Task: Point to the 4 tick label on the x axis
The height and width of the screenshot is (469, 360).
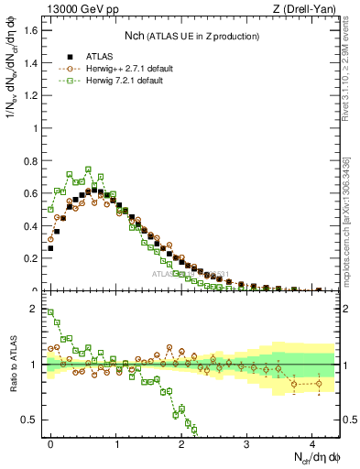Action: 312,443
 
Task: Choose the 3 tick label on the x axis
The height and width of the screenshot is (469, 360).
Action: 247,443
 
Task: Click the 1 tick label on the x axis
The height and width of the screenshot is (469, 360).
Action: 116,443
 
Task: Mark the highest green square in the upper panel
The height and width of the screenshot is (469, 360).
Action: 88,169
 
